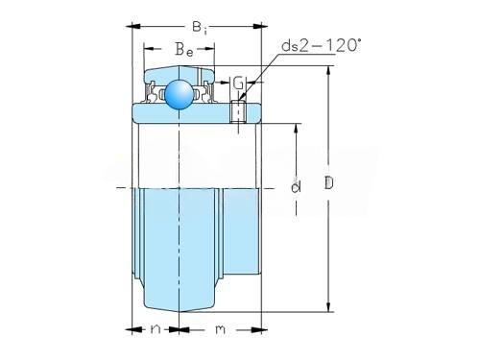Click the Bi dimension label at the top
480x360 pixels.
tap(200, 28)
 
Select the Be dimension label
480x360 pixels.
tap(184, 50)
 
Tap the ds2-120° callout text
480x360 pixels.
tap(321, 45)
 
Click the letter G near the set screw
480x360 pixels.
tap(238, 84)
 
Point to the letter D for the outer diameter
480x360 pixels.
tap(328, 182)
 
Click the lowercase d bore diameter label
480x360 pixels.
tap(296, 186)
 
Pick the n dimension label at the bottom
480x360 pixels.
tap(156, 328)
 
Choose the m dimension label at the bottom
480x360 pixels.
tap(220, 329)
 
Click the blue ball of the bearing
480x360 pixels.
tap(180, 94)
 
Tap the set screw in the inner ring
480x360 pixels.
tap(238, 111)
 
